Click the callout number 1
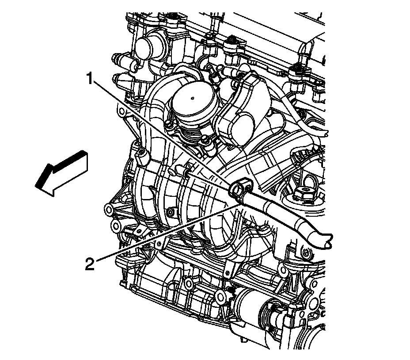[x=90, y=79]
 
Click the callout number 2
[x=90, y=264]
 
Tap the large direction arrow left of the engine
[x=61, y=173]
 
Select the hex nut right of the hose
[x=304, y=194]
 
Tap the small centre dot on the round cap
[x=192, y=98]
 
